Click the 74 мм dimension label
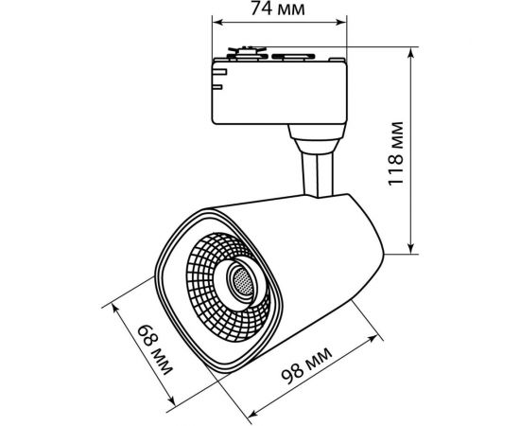[277, 9]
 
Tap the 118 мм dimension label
[396, 153]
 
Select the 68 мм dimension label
[155, 349]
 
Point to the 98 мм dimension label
[306, 365]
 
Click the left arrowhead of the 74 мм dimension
[217, 22]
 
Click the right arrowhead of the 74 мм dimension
[341, 22]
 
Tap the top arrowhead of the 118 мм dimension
[411, 53]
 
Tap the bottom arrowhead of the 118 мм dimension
[411, 248]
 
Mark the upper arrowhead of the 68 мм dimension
[115, 308]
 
